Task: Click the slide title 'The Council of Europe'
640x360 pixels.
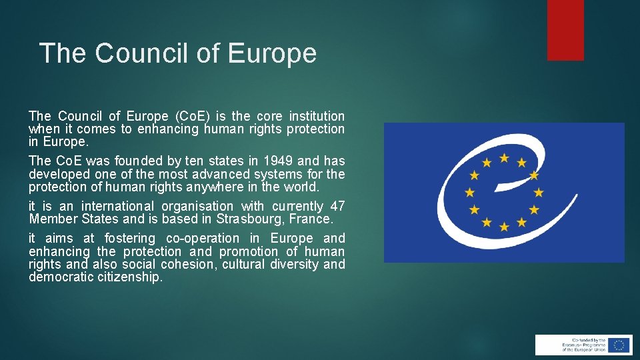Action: (x=177, y=53)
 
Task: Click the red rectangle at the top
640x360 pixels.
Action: (x=565, y=30)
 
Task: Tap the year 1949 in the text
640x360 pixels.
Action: (x=278, y=161)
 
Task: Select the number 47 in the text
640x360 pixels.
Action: (x=337, y=206)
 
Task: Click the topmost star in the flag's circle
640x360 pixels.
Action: (x=505, y=158)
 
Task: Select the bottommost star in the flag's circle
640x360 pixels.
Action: (x=505, y=227)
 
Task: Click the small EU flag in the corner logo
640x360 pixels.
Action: (x=619, y=345)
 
